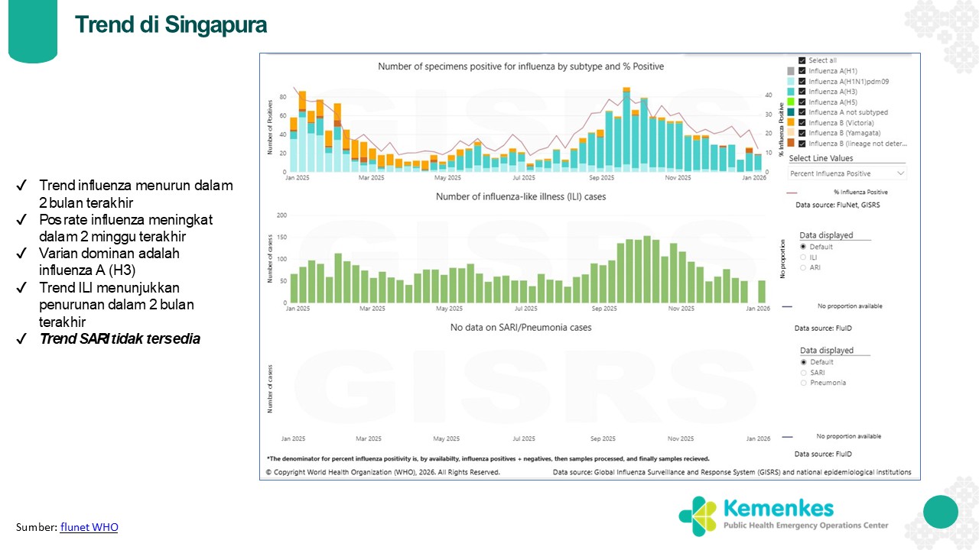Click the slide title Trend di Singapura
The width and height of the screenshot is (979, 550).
171,24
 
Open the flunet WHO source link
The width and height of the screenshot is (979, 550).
89,527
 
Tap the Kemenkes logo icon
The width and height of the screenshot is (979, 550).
696,516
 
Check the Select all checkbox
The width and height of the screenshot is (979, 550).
802,60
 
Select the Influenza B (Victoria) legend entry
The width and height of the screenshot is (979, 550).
841,123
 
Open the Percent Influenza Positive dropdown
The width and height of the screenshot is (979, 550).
847,173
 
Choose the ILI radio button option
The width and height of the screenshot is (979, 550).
803,257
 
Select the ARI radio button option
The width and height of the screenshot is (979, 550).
803,267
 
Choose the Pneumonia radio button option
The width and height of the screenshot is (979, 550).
804,383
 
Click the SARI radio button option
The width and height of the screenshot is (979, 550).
804,373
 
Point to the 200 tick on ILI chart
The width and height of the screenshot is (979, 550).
281,215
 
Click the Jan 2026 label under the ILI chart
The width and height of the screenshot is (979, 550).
758,309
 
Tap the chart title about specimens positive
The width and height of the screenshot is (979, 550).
521,66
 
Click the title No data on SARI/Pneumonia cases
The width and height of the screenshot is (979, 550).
521,327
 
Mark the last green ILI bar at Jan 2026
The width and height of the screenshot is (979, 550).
762,291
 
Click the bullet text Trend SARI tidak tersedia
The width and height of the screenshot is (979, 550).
119,339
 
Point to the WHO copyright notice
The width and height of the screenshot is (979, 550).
383,472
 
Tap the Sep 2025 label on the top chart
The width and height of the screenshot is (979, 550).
603,178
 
